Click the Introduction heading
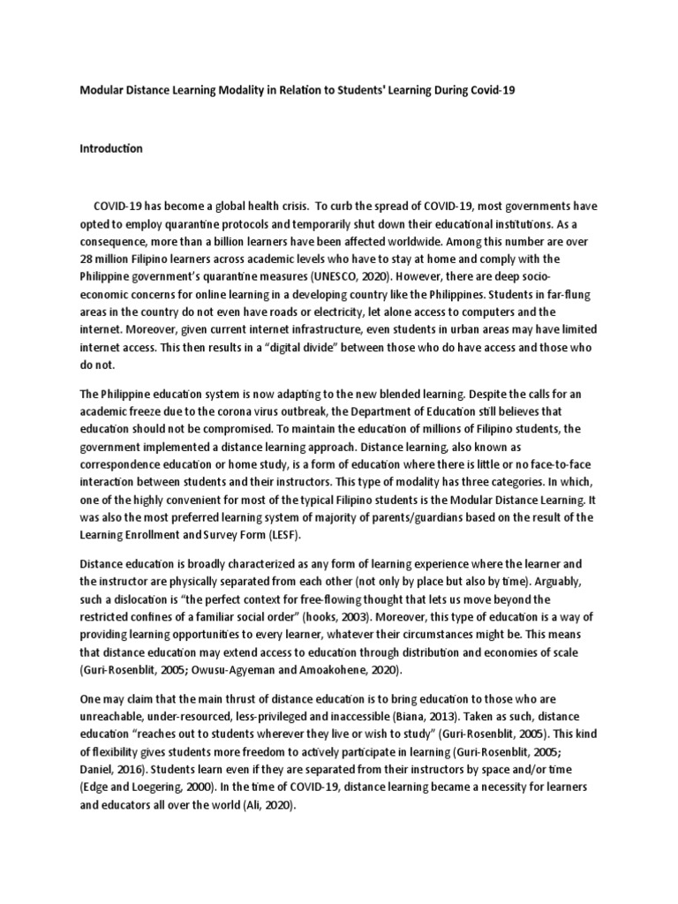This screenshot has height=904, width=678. point(111,148)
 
